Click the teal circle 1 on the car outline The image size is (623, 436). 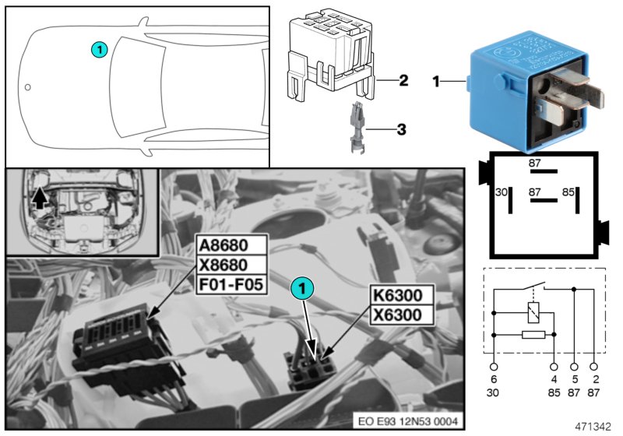(97, 49)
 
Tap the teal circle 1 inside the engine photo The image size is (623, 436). (303, 287)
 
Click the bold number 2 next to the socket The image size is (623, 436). (403, 80)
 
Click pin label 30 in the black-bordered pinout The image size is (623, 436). (502, 192)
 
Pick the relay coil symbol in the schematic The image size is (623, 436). (532, 312)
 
